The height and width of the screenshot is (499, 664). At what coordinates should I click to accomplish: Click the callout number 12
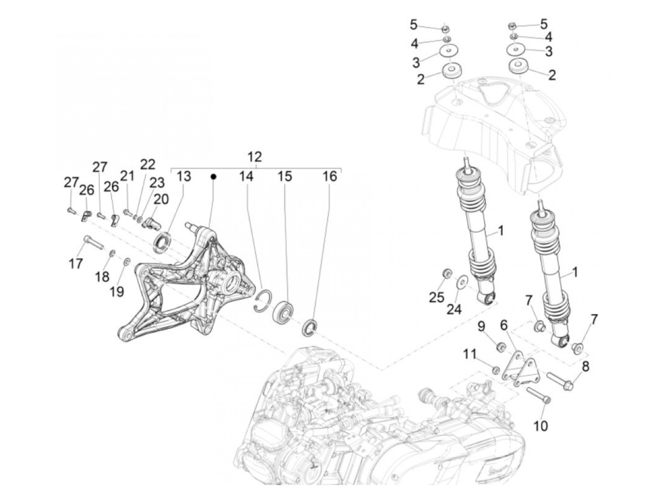255,157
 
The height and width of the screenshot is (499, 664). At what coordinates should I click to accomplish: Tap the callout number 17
76,263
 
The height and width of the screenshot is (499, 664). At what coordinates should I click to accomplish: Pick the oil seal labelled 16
311,327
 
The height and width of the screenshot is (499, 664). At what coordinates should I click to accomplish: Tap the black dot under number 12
213,176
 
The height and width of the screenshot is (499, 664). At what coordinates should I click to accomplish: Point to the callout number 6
504,326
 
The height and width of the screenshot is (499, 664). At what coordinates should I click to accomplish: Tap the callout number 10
540,425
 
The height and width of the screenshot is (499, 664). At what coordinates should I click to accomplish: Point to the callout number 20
161,199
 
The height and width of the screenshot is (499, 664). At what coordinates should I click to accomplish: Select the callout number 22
148,165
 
